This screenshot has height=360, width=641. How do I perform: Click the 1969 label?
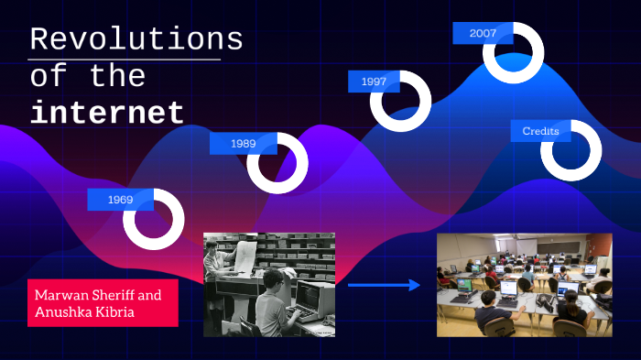(x=120, y=199)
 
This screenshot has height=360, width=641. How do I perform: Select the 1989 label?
(x=243, y=143)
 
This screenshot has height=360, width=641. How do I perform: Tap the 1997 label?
(x=373, y=82)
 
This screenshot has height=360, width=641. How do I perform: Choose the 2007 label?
(x=483, y=33)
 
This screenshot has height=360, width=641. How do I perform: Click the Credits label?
(x=540, y=132)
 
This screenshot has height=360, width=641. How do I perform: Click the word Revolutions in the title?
(x=136, y=39)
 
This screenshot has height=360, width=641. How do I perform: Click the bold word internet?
(x=107, y=113)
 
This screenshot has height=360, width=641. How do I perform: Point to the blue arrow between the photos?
(x=384, y=286)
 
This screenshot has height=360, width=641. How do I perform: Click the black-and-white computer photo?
(x=268, y=284)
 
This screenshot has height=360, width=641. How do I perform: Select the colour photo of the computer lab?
(x=524, y=285)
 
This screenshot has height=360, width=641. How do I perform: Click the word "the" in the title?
(x=118, y=77)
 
